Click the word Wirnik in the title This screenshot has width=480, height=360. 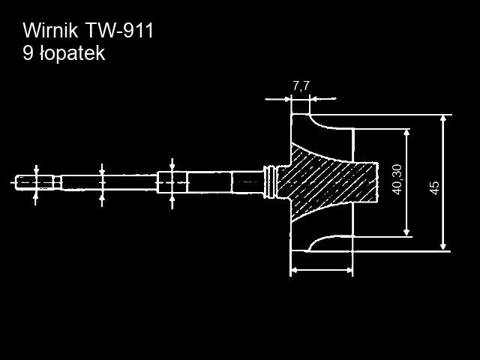49,31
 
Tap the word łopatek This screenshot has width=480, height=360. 74,53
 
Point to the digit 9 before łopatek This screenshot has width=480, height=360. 28,53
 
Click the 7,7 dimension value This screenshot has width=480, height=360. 300,85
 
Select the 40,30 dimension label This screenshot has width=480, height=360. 397,179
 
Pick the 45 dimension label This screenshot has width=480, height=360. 434,187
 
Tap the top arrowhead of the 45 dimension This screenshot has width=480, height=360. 443,119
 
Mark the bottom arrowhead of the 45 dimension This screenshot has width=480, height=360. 443,245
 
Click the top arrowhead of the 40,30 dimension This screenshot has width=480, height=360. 406,133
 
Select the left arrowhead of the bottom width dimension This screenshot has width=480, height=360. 294,269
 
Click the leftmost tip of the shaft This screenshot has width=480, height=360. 16,181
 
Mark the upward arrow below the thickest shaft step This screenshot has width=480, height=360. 172,199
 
